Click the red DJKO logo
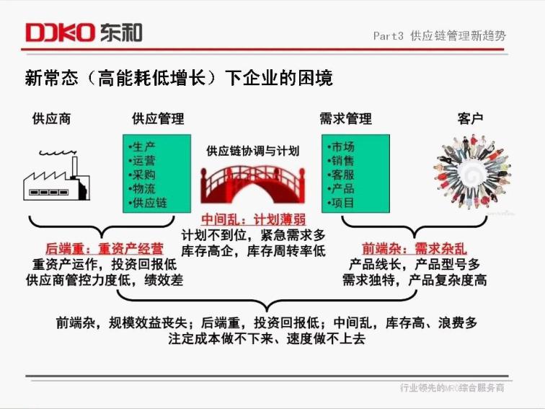(x=60, y=32)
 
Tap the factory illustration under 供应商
(x=57, y=175)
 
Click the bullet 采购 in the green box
(x=142, y=175)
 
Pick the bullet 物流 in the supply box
(x=142, y=188)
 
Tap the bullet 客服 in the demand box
(x=340, y=175)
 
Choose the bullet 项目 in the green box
(x=340, y=203)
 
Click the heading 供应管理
(x=158, y=118)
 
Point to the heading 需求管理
(x=345, y=118)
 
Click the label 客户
(x=470, y=118)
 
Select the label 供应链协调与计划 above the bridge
(x=253, y=151)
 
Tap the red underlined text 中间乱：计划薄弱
(x=253, y=220)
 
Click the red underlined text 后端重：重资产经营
(x=105, y=249)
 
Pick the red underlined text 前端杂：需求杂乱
(x=415, y=249)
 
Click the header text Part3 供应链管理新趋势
(x=439, y=35)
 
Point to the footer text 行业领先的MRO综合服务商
(x=452, y=387)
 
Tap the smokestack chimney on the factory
(x=74, y=167)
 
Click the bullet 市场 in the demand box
(x=340, y=146)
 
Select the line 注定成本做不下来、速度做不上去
(x=267, y=338)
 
